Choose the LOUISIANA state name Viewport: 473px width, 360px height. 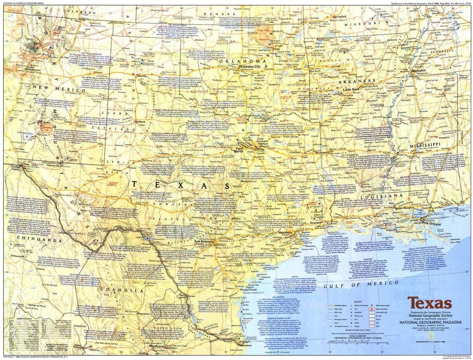point(385,195)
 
